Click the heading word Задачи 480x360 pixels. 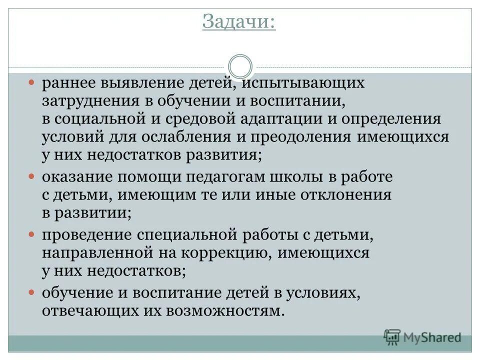(x=239, y=22)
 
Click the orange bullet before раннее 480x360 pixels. (x=31, y=81)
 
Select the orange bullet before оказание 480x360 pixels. (x=31, y=176)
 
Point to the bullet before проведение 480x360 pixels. (x=31, y=234)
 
